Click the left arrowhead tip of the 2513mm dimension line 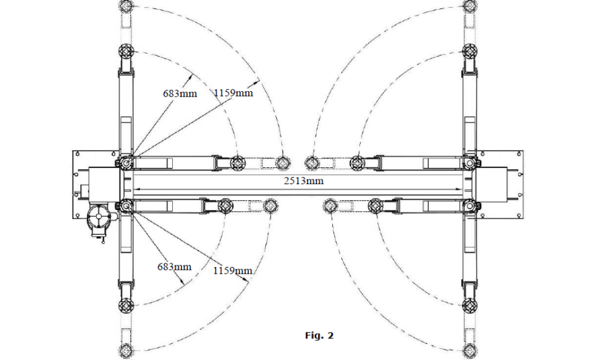[x=133, y=188]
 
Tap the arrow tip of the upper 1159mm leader [x=259, y=79]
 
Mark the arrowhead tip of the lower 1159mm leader [x=249, y=281]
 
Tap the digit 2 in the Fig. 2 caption [x=330, y=335]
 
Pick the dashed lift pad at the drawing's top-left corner [x=126, y=6]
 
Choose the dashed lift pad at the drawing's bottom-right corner [x=470, y=351]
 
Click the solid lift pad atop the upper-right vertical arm [x=470, y=51]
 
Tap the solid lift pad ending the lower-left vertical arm [x=126, y=305]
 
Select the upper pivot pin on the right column [x=470, y=163]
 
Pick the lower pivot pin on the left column [x=126, y=206]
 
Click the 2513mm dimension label [x=304, y=181]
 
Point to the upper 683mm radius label [x=180, y=93]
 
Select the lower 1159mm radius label [x=233, y=271]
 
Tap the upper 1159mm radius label [x=233, y=92]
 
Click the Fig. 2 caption [x=320, y=335]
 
